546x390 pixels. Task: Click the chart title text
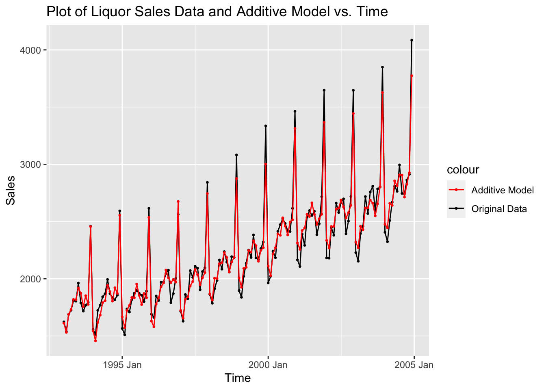217,12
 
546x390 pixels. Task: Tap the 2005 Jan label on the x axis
414,365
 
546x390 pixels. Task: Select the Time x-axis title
238,378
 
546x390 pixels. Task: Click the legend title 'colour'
463,170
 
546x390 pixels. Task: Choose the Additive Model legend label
503,190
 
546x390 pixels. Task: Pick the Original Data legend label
499,209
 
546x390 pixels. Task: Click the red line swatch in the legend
456,190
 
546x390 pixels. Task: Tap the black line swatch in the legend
456,208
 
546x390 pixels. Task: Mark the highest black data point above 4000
412,40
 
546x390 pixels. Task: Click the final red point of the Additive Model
412,76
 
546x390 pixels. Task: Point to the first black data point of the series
64,322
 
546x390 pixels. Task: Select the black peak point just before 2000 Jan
266,126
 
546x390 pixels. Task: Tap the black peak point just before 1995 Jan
119,211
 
